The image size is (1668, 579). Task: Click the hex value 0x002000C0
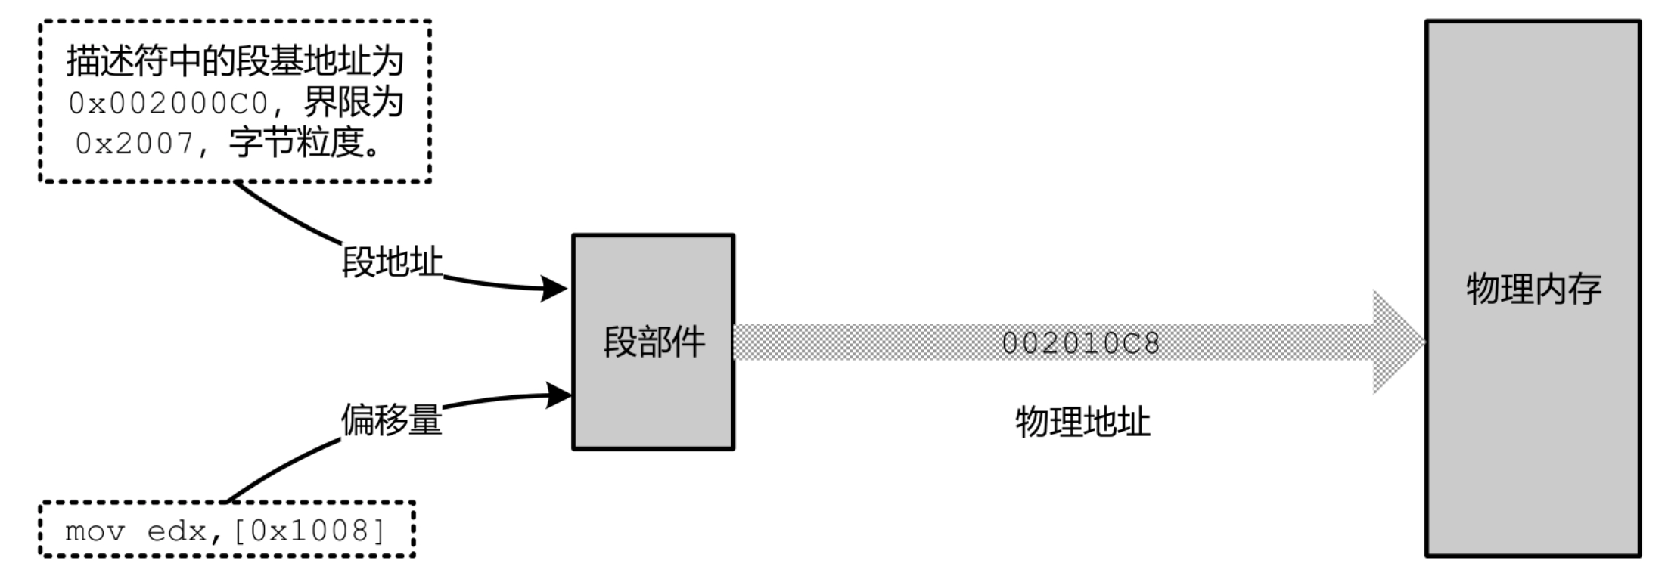168,104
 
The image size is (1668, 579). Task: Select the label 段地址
392,262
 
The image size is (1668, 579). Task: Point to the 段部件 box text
654,342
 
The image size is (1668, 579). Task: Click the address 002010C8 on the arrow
1080,343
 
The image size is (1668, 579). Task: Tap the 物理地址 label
1082,422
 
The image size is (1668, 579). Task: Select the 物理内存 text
1533,289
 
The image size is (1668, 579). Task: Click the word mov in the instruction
95,531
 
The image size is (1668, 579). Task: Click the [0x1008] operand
309,531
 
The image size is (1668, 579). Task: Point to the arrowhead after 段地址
554,288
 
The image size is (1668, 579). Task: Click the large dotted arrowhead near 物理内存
1398,342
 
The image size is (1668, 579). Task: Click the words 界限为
353,104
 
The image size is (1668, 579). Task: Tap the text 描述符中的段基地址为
235,61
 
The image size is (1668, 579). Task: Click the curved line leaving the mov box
280,470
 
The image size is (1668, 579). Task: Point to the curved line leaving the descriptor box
287,216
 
